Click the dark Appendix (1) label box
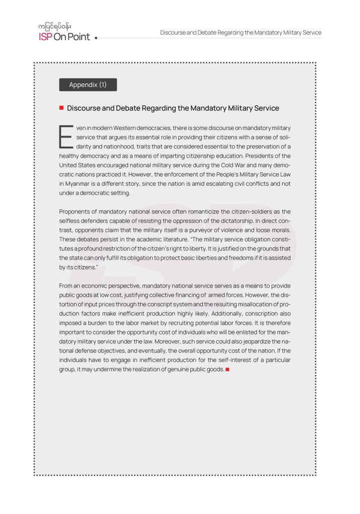(x=88, y=85)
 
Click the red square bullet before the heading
(x=61, y=108)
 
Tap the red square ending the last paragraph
(x=227, y=369)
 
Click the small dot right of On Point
(x=96, y=38)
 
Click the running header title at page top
(x=241, y=33)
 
